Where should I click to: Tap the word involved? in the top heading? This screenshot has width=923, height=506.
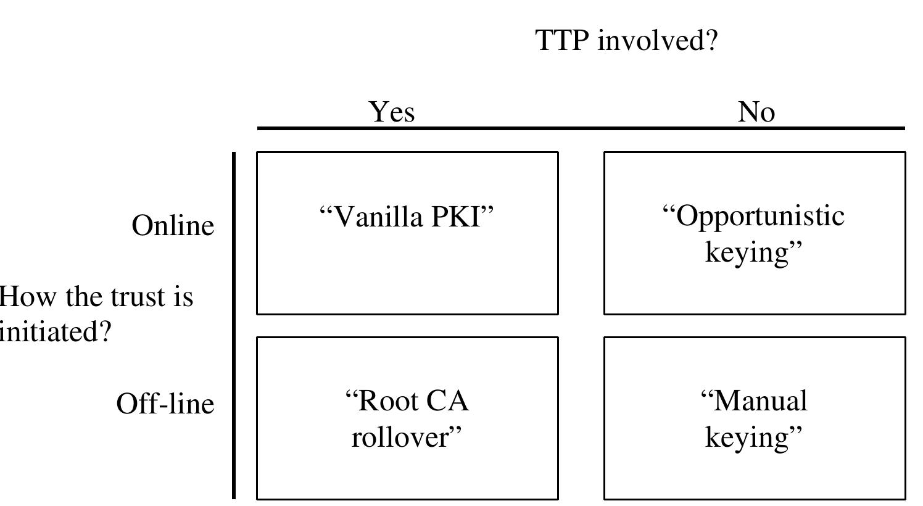(658, 41)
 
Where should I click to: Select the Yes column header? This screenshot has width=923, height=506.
(392, 112)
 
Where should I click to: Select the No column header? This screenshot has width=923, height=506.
(756, 112)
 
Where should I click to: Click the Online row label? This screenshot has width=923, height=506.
(173, 225)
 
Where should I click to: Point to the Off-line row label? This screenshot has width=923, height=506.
(165, 404)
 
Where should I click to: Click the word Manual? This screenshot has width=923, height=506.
(759, 400)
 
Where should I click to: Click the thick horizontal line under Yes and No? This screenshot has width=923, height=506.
(580, 128)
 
